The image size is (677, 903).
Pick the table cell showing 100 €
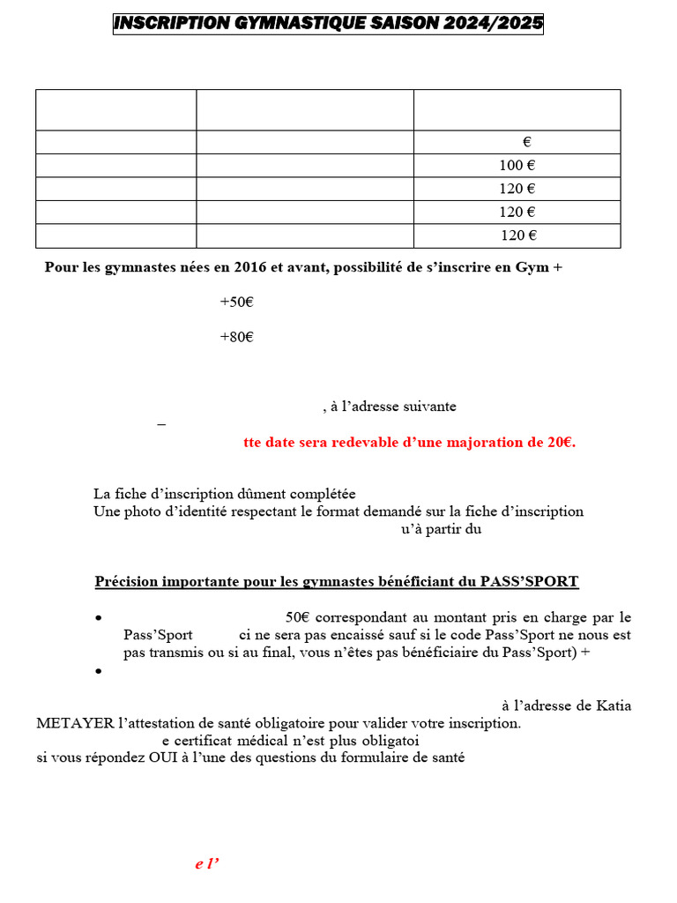pyautogui.click(x=517, y=166)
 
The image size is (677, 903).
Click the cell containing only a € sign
pyautogui.click(x=526, y=142)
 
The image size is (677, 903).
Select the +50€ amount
pyautogui.click(x=236, y=302)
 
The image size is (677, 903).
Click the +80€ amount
pyautogui.click(x=236, y=337)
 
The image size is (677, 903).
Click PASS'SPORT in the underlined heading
pyautogui.click(x=529, y=582)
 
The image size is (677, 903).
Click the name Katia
pyautogui.click(x=614, y=705)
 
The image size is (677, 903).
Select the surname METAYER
pyautogui.click(x=75, y=723)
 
